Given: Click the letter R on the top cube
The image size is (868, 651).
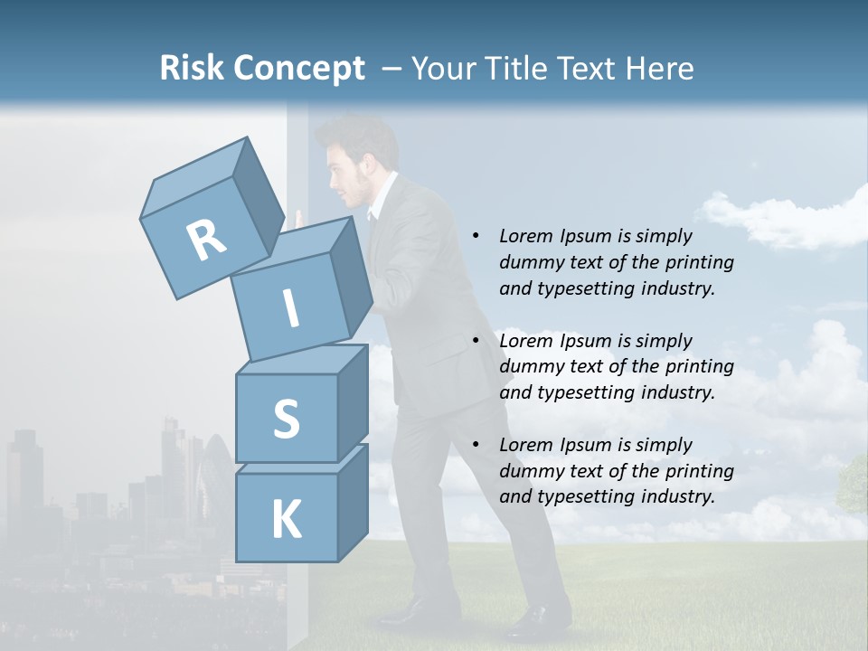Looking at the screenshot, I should pyautogui.click(x=206, y=241).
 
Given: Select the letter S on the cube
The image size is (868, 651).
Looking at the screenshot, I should pyautogui.click(x=286, y=419).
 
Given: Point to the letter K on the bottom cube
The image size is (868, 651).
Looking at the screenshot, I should pyautogui.click(x=286, y=520).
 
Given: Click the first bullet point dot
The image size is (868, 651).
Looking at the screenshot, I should pyautogui.click(x=476, y=237).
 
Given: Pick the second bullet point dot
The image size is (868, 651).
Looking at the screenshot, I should pyautogui.click(x=476, y=342).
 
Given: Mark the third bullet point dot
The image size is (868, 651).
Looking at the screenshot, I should pyautogui.click(x=476, y=446).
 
